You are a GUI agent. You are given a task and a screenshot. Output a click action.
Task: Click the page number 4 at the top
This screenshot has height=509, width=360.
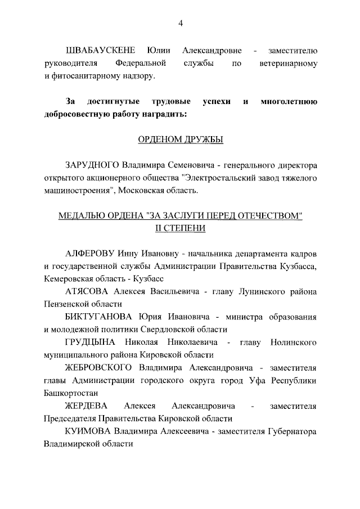click(x=180, y=22)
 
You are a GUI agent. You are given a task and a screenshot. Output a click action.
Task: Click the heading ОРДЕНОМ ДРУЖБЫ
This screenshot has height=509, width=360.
click(x=180, y=139)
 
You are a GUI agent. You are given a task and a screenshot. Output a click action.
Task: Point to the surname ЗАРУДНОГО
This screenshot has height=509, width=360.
click(x=93, y=166)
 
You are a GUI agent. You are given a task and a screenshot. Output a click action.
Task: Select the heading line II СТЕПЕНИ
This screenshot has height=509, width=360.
click(x=180, y=228)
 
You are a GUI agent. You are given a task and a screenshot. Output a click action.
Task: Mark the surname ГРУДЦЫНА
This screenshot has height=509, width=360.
click(x=91, y=342)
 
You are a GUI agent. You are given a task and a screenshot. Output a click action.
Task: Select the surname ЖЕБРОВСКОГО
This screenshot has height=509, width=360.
click(x=98, y=367)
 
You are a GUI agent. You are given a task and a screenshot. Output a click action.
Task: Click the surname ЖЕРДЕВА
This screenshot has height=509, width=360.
click(x=85, y=406)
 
